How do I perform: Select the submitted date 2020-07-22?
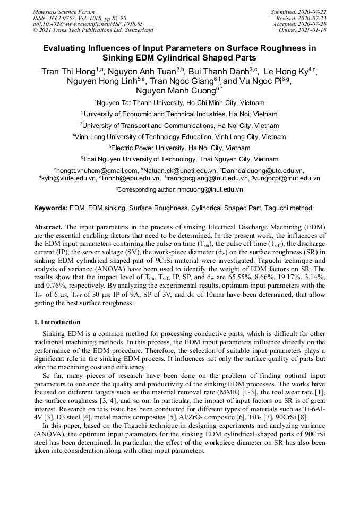coord(313,12)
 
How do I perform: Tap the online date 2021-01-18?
coord(313,30)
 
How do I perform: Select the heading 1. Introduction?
coord(57,322)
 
